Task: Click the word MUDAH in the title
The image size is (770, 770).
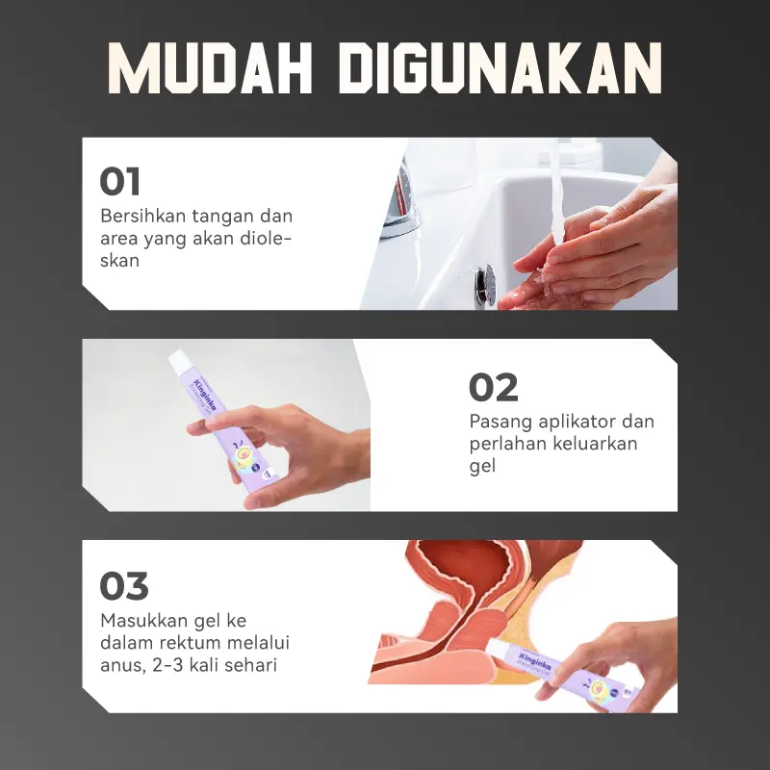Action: pos(210,68)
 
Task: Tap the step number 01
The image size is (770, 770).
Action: pos(119,181)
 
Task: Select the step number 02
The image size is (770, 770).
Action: pos(494,388)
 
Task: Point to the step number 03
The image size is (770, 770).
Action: pos(124,586)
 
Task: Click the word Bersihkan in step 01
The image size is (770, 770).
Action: pos(141,216)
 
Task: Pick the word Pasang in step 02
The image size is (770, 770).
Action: pos(500,422)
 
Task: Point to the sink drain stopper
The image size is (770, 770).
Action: pos(486,284)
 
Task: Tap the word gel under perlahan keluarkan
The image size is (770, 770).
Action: pos(482,466)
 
